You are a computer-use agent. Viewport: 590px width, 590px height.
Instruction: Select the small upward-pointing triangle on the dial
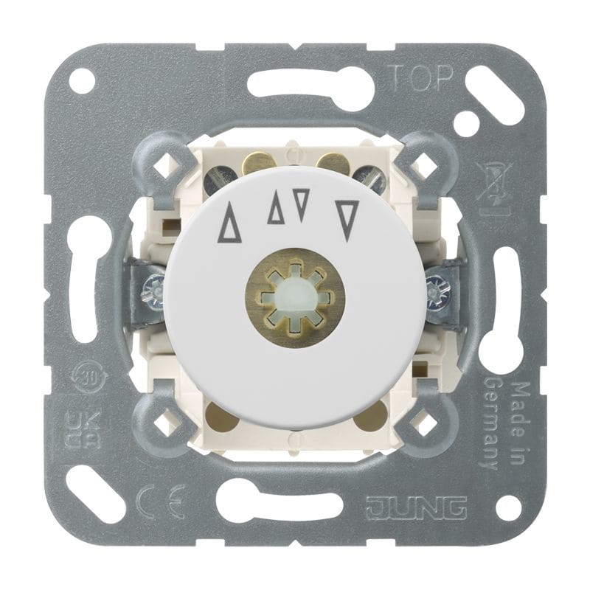click(x=276, y=208)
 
